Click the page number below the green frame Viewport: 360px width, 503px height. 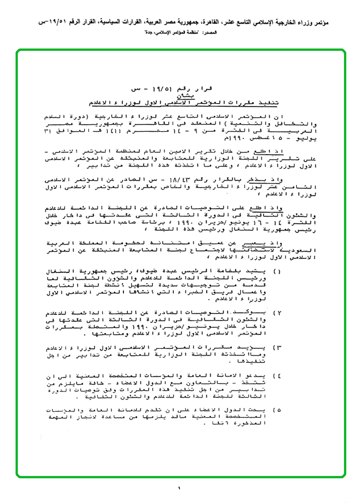pyautogui.click(x=179, y=488)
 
